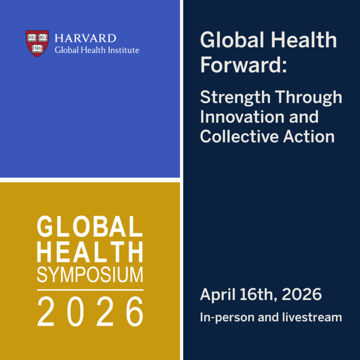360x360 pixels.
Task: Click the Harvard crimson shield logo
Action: [x=37, y=43]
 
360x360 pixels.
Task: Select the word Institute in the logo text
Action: [x=122, y=50]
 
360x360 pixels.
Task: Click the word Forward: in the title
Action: [x=243, y=64]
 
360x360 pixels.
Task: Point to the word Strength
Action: [x=234, y=98]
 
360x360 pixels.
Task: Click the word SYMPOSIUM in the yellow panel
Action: [x=90, y=275]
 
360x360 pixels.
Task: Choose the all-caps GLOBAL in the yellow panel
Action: [x=90, y=227]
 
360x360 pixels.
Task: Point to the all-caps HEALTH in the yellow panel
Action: [x=90, y=252]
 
